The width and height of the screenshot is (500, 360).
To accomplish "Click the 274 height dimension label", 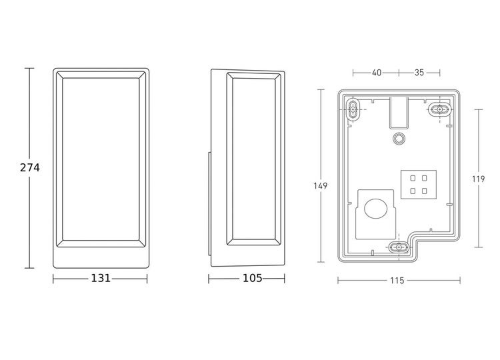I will tap(29, 168).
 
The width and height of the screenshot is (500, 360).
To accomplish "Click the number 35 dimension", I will tap(420, 73).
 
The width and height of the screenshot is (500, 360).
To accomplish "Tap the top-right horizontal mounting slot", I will tap(439, 108).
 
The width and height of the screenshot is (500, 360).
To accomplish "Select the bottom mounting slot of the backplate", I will tap(399, 247).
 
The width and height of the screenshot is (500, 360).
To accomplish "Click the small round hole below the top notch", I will tap(399, 138).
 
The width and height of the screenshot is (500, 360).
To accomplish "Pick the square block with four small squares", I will tap(419, 184).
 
